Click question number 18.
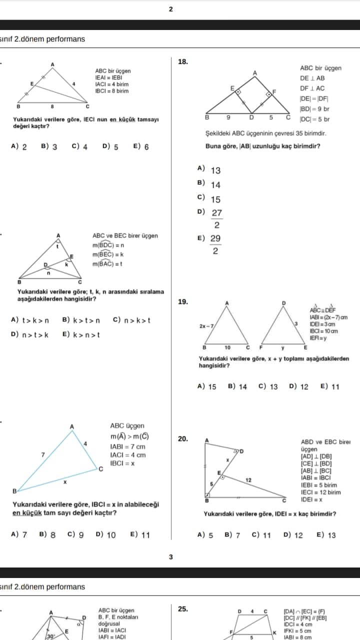tap(183, 62)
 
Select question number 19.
tap(183, 302)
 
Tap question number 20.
tap(183, 439)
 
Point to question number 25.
tap(183, 609)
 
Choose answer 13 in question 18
tap(215, 170)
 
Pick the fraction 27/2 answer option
tap(216, 218)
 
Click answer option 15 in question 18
tap(215, 199)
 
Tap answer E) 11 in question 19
tap(330, 386)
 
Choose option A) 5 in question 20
tap(205, 535)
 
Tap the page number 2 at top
tap(171, 9)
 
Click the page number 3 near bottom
tap(171, 557)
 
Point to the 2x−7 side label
tap(206, 326)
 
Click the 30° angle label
tap(50, 636)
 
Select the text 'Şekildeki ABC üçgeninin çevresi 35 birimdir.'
tap(265, 133)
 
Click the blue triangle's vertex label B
tap(14, 490)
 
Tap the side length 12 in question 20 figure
tap(248, 479)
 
